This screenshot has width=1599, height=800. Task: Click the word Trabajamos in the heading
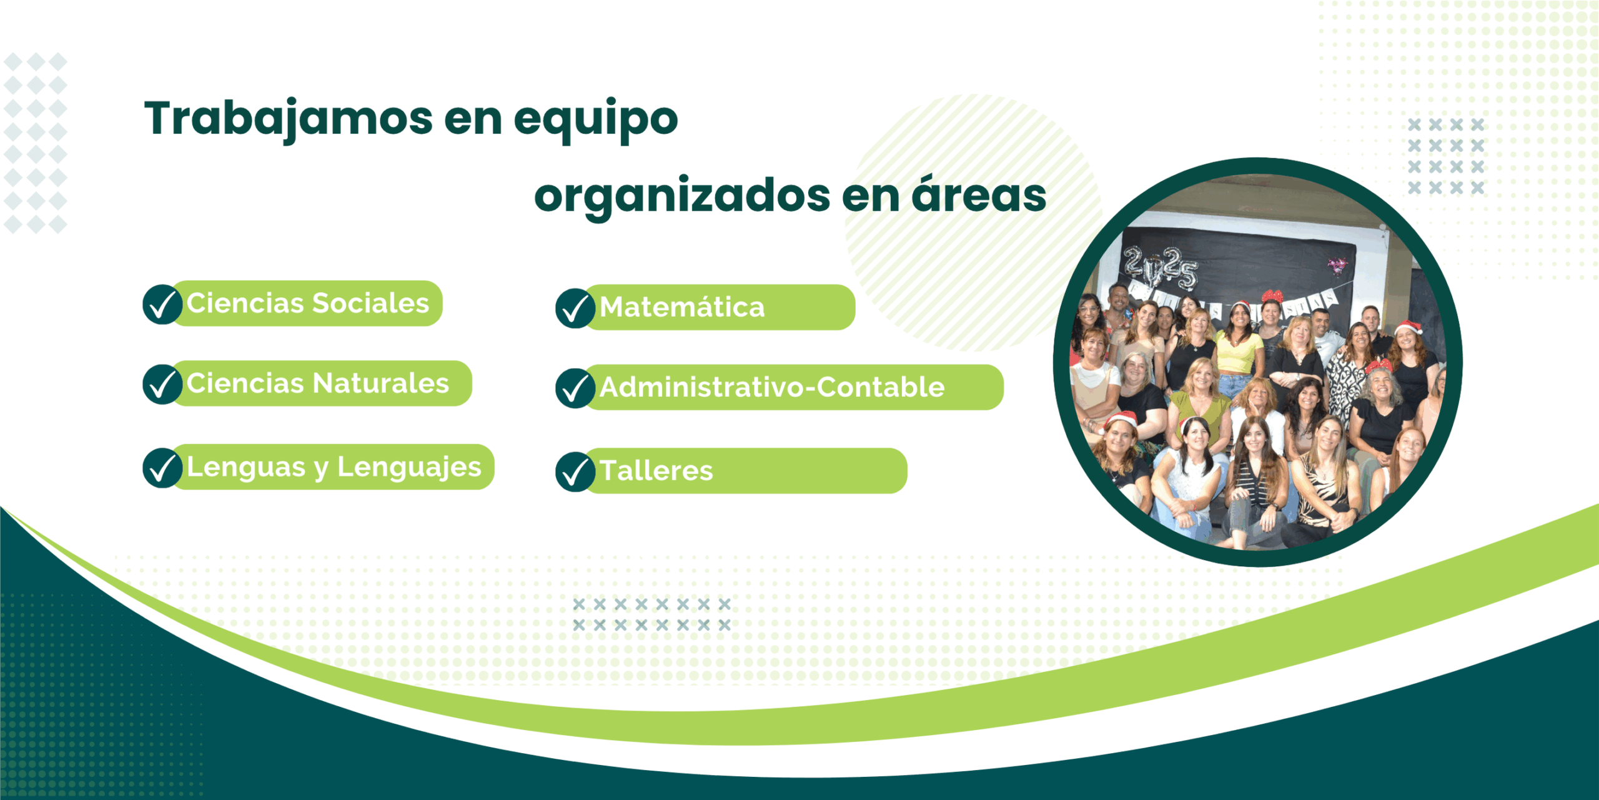289,119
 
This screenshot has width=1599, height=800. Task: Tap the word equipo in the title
596,119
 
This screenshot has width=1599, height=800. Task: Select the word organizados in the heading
682,197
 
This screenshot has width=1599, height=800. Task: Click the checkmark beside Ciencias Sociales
162,304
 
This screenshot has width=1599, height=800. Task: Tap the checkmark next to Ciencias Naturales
162,384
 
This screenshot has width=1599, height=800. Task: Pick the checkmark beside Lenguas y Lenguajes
162,467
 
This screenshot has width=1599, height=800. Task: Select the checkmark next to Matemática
575,308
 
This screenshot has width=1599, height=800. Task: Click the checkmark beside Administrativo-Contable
575,388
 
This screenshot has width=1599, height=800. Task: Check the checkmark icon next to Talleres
575,471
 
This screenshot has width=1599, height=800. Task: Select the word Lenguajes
409,468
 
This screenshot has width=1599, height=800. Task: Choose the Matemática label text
682,307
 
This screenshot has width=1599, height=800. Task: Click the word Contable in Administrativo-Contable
881,387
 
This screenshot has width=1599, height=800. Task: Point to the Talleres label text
656,470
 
